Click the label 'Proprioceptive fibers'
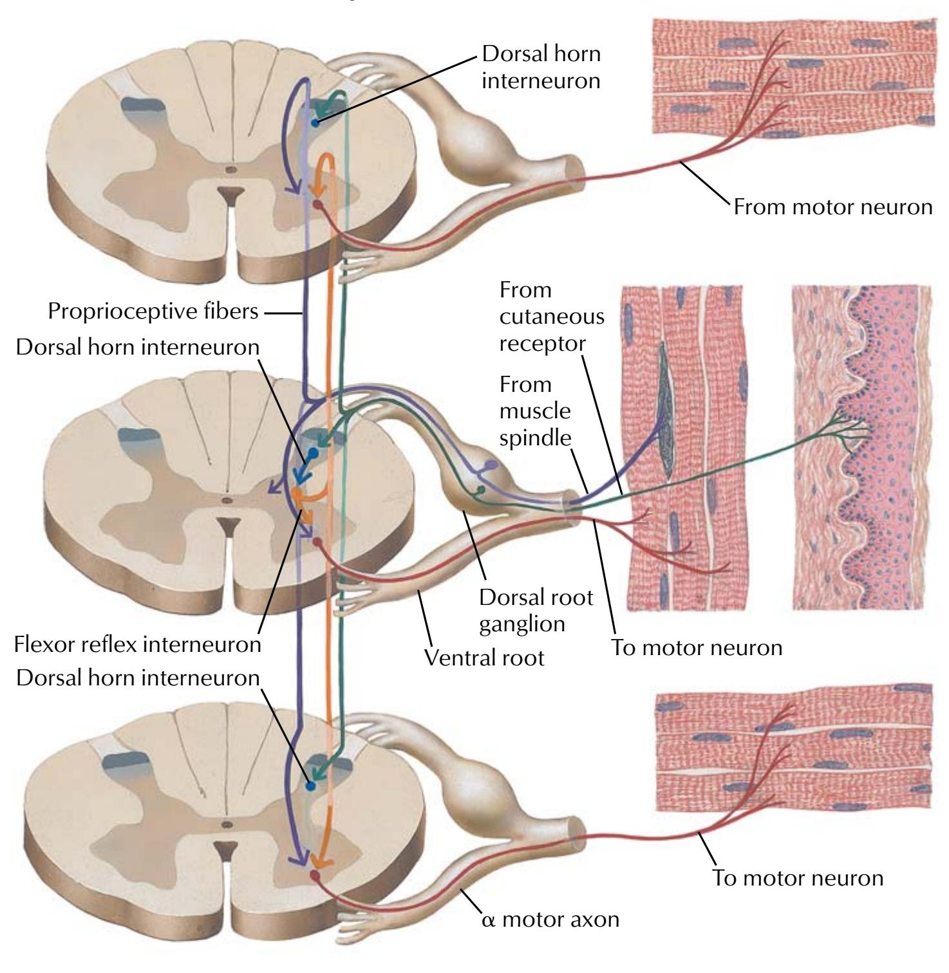153,312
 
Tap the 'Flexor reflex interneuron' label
137,644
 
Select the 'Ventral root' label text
485,657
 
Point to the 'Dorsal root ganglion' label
536,611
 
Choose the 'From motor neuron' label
833,207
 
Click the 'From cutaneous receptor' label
552,317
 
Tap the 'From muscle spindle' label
535,411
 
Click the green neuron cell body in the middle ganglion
480,490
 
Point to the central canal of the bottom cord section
226,824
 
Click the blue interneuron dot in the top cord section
315,122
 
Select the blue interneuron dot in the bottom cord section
310,786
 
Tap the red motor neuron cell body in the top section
317,205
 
